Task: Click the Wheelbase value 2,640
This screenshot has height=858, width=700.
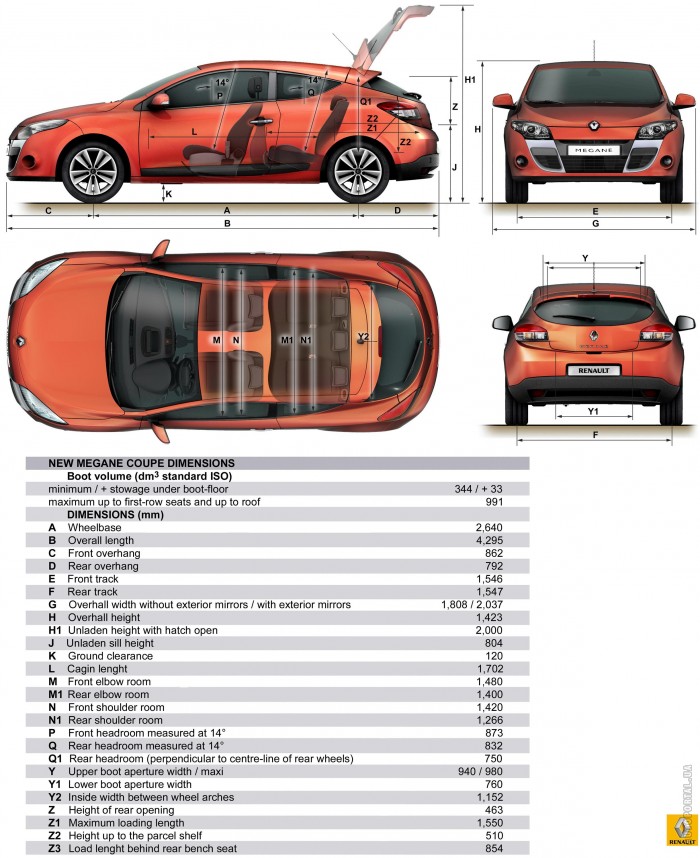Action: pos(489,527)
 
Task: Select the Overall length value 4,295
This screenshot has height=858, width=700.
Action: pos(489,541)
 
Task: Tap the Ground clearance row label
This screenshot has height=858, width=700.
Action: pos(110,656)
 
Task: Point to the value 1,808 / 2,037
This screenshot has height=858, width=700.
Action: pos(472,605)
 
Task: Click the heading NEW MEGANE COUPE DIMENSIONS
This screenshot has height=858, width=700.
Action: pos(141,463)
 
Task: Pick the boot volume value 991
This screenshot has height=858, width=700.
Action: pos(494,502)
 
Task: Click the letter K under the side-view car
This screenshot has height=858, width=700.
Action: pos(169,194)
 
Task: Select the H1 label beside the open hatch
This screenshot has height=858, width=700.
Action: pos(470,80)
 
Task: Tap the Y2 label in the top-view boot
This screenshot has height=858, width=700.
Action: pos(363,337)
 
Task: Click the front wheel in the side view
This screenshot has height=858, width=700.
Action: pos(93,171)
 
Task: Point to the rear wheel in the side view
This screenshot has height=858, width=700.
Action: pos(358,171)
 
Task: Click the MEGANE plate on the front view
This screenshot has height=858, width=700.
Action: pos(593,150)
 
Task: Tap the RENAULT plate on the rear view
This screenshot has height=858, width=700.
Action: pos(593,370)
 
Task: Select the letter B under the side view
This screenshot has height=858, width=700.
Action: pos(227,223)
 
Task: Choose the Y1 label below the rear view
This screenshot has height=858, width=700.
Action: pos(593,411)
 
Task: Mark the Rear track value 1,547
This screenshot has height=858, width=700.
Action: pos(489,592)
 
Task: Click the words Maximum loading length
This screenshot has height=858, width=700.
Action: pos(126,823)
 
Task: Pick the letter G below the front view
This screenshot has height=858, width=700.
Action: pos(595,223)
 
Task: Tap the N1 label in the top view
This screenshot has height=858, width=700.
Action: pos(305,340)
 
